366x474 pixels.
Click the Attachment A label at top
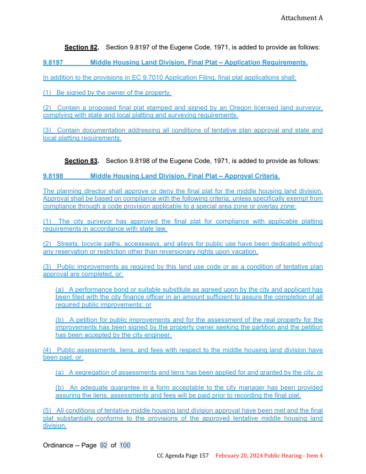(x=301, y=18)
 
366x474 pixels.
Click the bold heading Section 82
(x=81, y=47)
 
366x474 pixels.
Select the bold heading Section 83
(x=81, y=161)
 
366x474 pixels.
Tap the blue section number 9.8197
(x=53, y=62)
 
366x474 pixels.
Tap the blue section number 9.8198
(x=53, y=176)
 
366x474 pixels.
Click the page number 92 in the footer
(x=103, y=445)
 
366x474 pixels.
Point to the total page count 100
(x=125, y=445)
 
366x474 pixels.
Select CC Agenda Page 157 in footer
(x=183, y=456)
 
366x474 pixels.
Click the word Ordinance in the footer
(x=58, y=445)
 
